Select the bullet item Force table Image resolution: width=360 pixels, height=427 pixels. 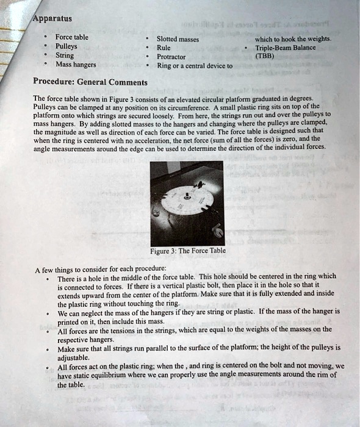[x=72, y=37]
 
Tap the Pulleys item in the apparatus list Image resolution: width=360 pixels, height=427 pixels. [x=66, y=46]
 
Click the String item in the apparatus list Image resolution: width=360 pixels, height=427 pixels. [x=64, y=55]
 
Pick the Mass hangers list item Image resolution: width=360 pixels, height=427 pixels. [x=76, y=64]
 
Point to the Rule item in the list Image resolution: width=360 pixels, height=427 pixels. [x=164, y=48]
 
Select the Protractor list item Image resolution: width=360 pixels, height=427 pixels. [x=172, y=57]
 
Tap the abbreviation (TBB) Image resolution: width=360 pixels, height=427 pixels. [x=265, y=56]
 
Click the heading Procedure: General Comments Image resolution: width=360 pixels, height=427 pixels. [x=90, y=82]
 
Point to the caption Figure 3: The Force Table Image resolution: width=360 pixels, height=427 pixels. [x=188, y=250]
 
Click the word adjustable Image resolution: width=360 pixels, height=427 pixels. [x=74, y=357]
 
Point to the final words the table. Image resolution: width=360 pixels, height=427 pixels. [x=71, y=385]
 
